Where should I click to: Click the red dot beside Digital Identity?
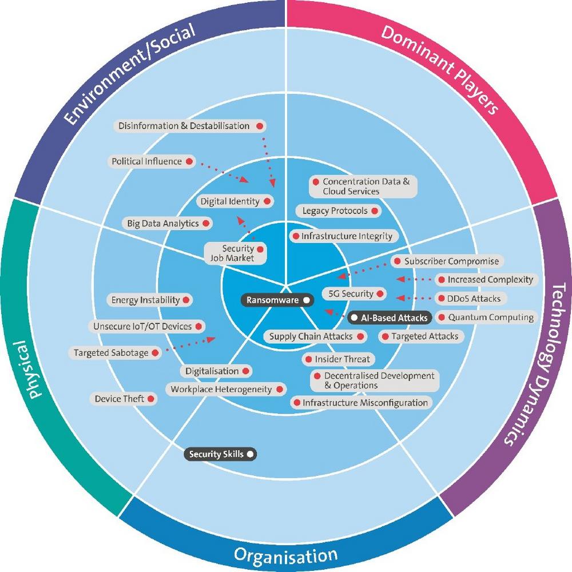266,201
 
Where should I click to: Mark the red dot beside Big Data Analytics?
205,223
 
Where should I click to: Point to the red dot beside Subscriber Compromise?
397,261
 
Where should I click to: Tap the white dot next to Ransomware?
307,299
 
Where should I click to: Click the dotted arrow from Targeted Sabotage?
189,344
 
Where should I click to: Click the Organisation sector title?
285,554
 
